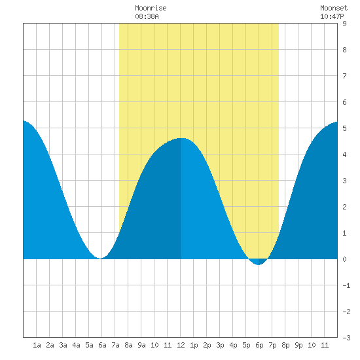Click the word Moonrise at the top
point(151,8)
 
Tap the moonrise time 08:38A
point(147,16)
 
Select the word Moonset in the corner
point(334,8)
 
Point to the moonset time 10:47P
point(332,16)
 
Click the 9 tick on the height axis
point(344,24)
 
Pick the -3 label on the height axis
point(346,338)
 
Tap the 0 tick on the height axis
point(344,259)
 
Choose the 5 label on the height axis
point(344,128)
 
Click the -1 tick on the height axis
point(346,285)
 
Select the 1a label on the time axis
point(37,345)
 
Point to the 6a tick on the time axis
point(102,345)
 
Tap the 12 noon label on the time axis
point(181,345)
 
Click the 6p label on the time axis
point(259,345)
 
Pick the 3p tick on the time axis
point(220,345)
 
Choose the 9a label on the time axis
point(141,345)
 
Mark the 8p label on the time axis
point(285,345)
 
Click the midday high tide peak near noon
point(181,138)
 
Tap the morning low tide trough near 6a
point(100,258)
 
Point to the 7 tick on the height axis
point(344,76)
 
